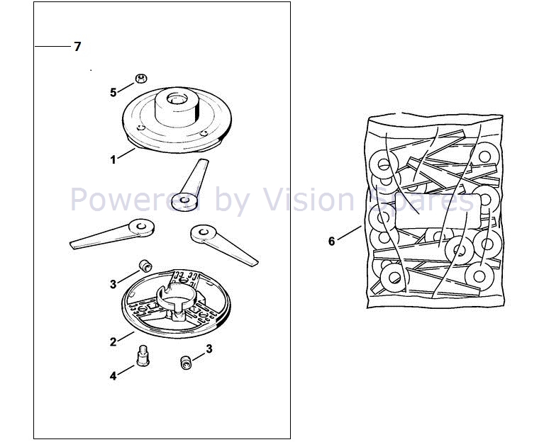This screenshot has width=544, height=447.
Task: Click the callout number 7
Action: [77, 47]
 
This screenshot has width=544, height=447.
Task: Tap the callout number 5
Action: [113, 92]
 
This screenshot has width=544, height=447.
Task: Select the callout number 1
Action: [113, 159]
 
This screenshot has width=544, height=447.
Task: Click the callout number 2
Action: [113, 341]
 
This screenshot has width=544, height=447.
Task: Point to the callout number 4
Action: [113, 376]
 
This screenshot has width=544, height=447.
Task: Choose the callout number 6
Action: [331, 242]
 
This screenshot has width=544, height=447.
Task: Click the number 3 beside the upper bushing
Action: [113, 285]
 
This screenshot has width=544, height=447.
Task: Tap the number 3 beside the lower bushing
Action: [209, 349]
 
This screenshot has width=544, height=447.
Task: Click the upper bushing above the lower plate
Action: [145, 265]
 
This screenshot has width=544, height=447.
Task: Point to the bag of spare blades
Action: [434, 213]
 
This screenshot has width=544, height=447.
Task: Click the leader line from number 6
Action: [350, 233]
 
